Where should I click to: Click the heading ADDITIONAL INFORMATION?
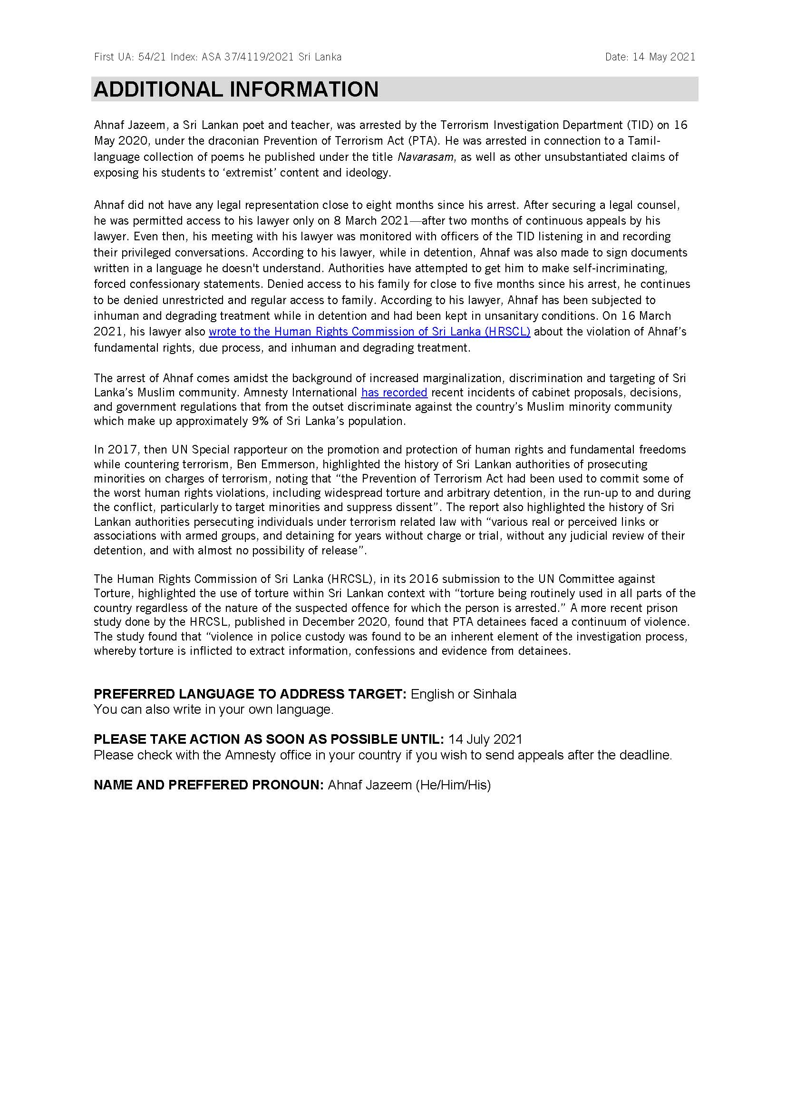(x=236, y=89)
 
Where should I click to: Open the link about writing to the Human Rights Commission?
(x=369, y=332)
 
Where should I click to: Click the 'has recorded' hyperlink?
(x=394, y=393)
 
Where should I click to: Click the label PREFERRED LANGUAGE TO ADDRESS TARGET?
(x=250, y=694)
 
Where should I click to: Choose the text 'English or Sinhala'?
(x=464, y=694)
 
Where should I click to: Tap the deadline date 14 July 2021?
(x=485, y=739)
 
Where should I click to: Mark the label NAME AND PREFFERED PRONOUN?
(x=208, y=785)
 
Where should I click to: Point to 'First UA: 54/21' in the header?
(x=130, y=57)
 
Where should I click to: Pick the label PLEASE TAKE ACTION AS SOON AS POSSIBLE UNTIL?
(x=269, y=739)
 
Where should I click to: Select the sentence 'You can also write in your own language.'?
(x=213, y=709)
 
